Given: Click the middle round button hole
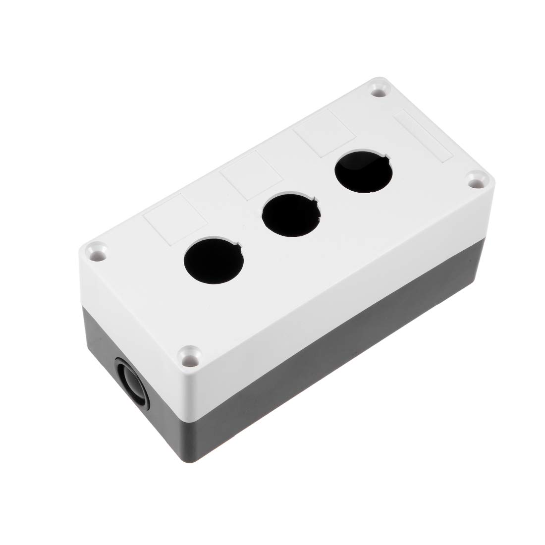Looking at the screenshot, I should coord(290,214).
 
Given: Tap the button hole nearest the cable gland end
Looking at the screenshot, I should coord(213,261).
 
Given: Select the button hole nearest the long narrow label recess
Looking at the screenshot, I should coord(363,170).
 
